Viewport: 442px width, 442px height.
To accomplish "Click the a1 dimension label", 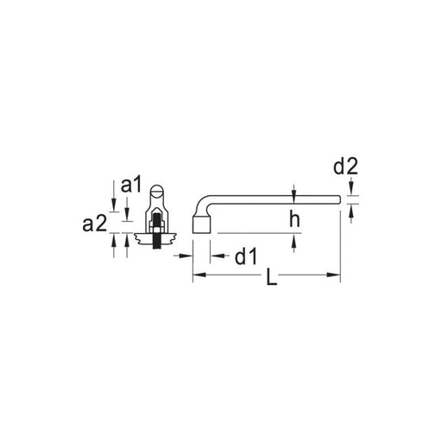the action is [x=131, y=186].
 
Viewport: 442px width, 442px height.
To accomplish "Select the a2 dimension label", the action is [x=94, y=224].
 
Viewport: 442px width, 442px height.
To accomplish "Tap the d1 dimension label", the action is [x=245, y=257].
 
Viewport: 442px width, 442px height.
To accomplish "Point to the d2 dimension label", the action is [x=345, y=167].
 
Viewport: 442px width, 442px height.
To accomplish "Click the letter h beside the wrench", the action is [x=294, y=219].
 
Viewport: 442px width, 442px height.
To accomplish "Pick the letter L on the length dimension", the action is [x=271, y=277].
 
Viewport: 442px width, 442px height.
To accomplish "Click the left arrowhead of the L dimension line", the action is [x=199, y=275].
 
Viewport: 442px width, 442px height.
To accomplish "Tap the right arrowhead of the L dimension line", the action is [x=334, y=275].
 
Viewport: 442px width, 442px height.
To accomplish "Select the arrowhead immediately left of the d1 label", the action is [x=217, y=256].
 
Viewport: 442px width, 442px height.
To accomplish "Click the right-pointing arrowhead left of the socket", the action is [x=186, y=256].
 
